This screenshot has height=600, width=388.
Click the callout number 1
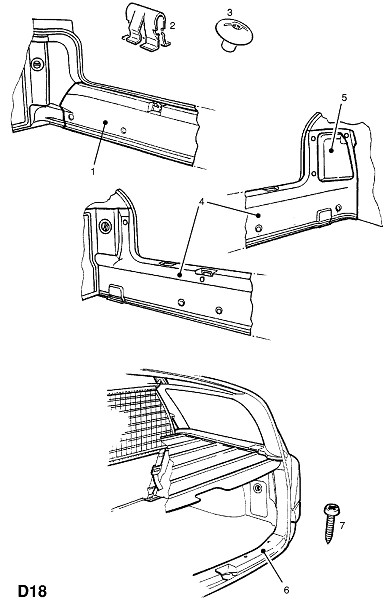coord(93,172)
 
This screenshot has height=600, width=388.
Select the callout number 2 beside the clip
coord(172,26)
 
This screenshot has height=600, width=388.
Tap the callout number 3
coord(230,13)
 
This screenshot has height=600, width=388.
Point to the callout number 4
coord(201,201)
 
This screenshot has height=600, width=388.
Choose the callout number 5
coord(344,98)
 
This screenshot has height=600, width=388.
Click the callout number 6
coord(285,590)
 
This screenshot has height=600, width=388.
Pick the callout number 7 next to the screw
coord(342,525)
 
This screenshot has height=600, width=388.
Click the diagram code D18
coord(32,591)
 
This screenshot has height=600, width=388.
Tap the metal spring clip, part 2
coord(146,28)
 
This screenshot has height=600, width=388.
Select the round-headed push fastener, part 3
coord(234,35)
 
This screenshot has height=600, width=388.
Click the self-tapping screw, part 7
coord(331,523)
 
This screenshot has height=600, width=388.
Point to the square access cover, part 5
coord(336,155)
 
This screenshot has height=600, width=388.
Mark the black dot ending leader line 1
coord(106,122)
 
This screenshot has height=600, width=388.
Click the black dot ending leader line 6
coord(263,551)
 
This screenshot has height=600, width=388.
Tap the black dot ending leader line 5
coord(332,150)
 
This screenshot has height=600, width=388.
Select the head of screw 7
coord(331,510)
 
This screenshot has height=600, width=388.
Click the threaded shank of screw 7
coord(330,530)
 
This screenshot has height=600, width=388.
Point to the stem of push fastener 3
coord(229,46)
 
